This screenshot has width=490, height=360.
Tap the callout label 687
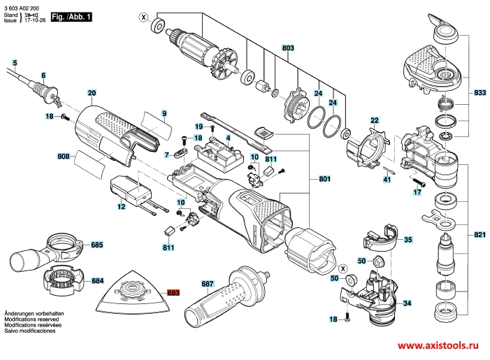click(x=208, y=284)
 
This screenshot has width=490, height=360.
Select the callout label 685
click(x=97, y=245)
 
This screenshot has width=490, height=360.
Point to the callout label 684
click(x=97, y=280)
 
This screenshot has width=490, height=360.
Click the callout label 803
click(x=288, y=48)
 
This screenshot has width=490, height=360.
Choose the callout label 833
click(x=480, y=92)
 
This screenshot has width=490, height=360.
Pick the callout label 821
click(x=480, y=234)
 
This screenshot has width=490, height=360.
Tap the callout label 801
click(x=324, y=180)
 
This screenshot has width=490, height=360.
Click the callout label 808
click(x=64, y=157)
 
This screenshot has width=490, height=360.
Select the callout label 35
click(x=408, y=240)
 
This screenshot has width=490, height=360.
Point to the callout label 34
click(x=407, y=303)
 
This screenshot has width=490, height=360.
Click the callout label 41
click(x=387, y=180)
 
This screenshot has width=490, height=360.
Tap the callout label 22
click(x=375, y=120)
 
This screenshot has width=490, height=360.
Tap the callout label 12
click(x=121, y=206)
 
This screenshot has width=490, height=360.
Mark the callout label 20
click(x=92, y=92)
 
